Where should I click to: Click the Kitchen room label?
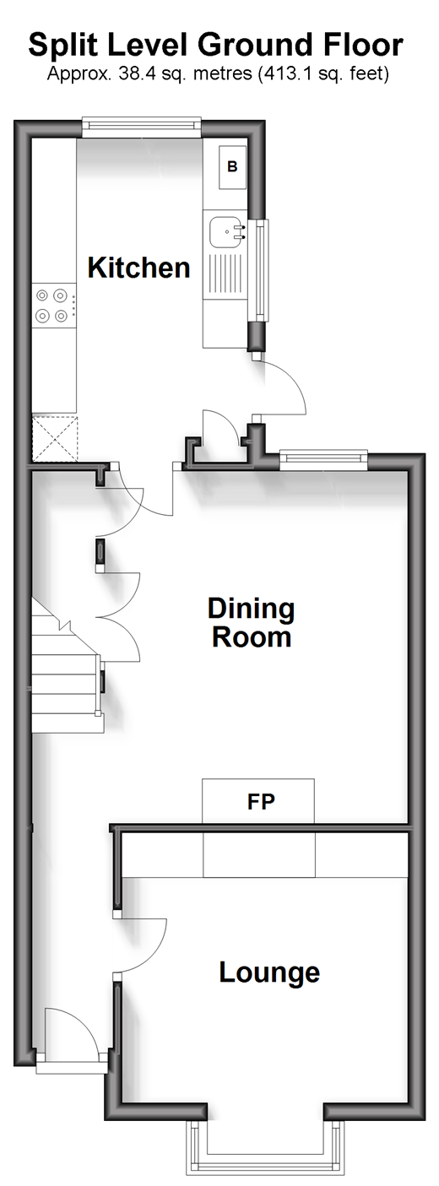(x=138, y=268)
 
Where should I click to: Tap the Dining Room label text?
(x=251, y=623)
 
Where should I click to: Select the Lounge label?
(x=269, y=972)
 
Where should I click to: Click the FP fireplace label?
(x=261, y=802)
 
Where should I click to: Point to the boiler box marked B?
(x=232, y=167)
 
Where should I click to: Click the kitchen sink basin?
(x=226, y=232)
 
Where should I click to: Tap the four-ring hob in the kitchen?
(x=51, y=305)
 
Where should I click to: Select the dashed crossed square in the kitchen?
(x=55, y=439)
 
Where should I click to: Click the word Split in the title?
(x=61, y=46)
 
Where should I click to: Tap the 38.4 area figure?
(x=137, y=73)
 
